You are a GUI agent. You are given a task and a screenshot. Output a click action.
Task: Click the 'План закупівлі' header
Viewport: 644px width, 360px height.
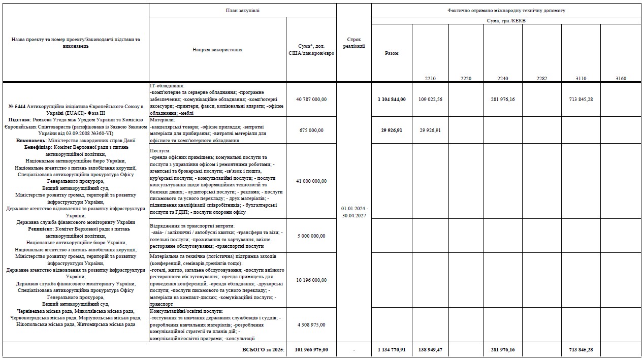coord(242,10)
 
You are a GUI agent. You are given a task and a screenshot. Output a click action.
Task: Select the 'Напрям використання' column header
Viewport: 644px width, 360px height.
coord(217,50)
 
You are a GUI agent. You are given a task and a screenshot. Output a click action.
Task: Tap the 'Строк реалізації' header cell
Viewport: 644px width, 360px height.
coord(353,42)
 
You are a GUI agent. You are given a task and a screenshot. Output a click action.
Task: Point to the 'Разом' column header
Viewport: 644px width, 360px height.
coord(392,53)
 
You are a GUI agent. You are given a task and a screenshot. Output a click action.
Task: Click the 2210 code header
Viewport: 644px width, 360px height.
coord(430,78)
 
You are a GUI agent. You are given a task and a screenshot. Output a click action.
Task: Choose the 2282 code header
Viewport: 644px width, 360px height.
coord(541,78)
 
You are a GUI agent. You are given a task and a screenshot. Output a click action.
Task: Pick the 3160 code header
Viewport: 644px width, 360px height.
coord(620,78)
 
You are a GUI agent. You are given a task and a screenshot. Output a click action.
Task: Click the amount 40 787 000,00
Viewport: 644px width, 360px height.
coord(311,100)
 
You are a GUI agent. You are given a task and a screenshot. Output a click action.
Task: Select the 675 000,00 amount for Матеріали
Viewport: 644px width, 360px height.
coord(311,130)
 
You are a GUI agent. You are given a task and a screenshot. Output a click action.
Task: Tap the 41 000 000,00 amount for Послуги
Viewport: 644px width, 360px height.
coord(311,181)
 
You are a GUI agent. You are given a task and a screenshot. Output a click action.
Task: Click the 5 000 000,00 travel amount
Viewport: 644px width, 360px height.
coord(311,236)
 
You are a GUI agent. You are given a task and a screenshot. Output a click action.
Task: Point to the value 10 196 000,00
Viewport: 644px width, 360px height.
coord(311,280)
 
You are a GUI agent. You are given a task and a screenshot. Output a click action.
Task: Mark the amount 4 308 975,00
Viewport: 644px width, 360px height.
coord(311,324)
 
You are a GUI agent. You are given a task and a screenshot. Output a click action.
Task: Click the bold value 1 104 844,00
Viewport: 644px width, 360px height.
coord(392,100)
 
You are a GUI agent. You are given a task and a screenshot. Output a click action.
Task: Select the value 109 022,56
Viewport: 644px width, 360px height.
coord(430,100)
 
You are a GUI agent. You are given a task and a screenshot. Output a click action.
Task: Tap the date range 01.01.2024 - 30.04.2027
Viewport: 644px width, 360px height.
coord(353,212)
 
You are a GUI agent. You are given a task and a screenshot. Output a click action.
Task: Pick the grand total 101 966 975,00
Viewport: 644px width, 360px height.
coord(311,350)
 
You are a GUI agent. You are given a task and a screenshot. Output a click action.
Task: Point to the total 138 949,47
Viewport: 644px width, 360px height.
coord(430,350)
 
